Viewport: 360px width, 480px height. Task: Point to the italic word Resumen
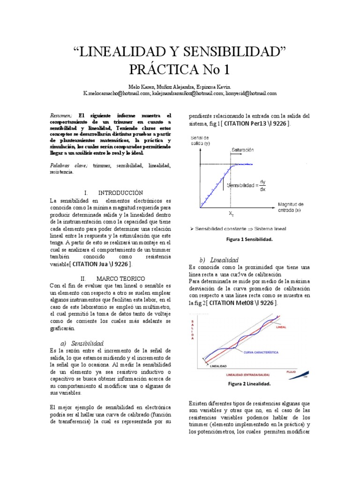pos(60,115)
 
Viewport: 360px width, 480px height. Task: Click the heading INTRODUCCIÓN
pos(120,193)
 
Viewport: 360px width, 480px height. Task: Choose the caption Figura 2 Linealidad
pos(249,383)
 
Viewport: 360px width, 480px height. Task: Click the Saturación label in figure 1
pos(242,150)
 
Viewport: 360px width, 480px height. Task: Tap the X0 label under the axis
pos(232,214)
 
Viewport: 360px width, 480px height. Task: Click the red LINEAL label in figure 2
pos(281,328)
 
